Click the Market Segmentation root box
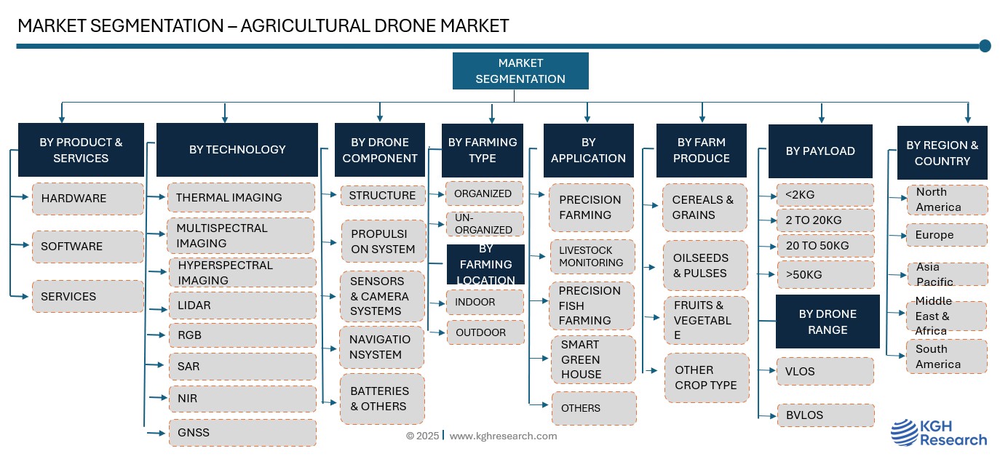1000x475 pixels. tap(520, 71)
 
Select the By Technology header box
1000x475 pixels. tap(237, 150)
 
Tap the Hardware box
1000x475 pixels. tap(87, 199)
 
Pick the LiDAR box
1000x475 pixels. tap(242, 306)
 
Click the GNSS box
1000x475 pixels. tap(242, 433)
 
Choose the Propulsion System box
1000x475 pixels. tap(383, 242)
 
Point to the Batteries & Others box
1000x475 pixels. tap(382, 399)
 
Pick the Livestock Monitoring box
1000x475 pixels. tap(591, 257)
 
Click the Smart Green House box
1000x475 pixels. tap(591, 359)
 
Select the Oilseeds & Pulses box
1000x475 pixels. tap(705, 266)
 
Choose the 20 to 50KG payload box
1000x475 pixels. tap(825, 246)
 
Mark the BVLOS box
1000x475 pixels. tap(825, 415)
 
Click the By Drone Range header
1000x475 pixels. tap(828, 322)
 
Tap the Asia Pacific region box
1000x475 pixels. tap(946, 274)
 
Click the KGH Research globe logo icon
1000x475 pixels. tap(905, 433)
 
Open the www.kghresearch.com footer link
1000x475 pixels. tap(503, 436)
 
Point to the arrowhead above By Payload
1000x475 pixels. tap(822, 117)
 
